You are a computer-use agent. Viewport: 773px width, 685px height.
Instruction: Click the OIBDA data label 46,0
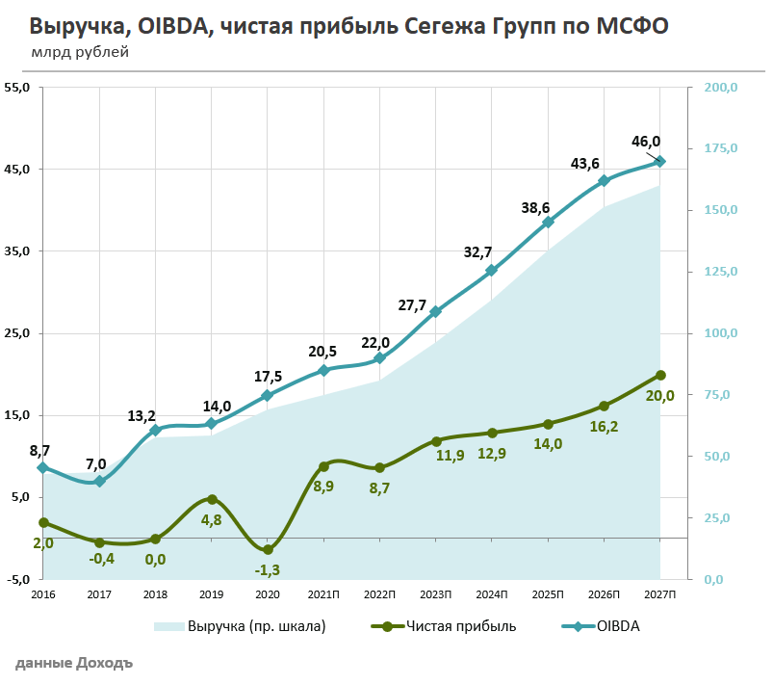[x=646, y=142]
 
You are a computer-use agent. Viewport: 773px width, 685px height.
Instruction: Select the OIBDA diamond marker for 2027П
[x=660, y=161]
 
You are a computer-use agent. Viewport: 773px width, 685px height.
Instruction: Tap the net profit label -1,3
[x=268, y=569]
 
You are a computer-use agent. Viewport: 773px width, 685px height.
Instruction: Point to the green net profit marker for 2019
[x=212, y=499]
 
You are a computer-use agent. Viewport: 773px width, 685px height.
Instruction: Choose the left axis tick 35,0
[x=17, y=251]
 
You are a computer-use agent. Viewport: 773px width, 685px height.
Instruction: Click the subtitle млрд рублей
[x=79, y=51]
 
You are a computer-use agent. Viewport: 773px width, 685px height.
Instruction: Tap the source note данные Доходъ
[x=74, y=664]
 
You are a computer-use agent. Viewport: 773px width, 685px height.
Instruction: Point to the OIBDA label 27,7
[x=412, y=305]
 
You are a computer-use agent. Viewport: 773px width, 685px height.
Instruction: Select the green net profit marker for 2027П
[x=660, y=375]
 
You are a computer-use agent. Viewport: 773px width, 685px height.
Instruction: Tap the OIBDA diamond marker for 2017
[x=99, y=481]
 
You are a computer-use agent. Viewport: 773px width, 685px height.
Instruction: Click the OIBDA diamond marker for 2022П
[x=380, y=357]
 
